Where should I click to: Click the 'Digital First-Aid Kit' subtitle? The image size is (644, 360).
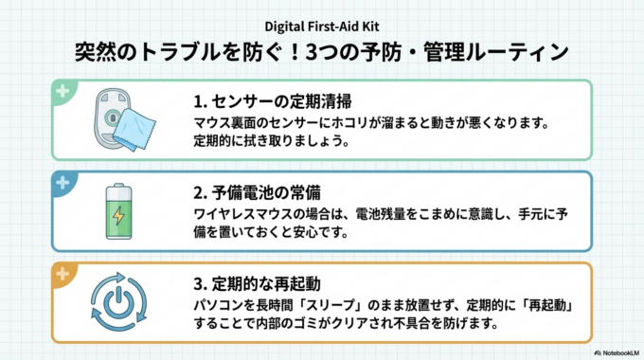(x=321, y=26)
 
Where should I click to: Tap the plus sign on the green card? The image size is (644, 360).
(x=62, y=92)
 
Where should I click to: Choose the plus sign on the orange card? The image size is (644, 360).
(x=62, y=273)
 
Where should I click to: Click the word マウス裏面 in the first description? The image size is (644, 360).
(x=219, y=123)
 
